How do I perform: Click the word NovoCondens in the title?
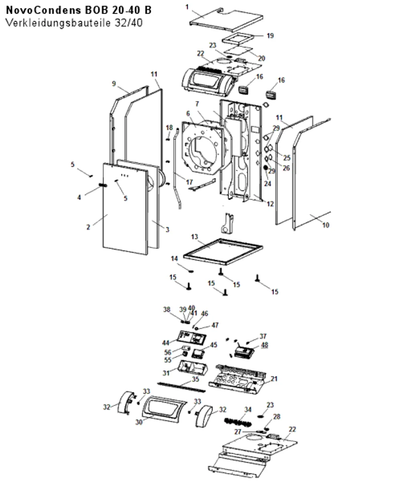click(44, 10)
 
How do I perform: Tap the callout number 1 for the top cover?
click(187, 7)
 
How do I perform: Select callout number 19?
click(270, 36)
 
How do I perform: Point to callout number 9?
click(114, 83)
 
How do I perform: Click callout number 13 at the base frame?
click(194, 236)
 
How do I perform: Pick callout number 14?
click(174, 259)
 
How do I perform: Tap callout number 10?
click(326, 225)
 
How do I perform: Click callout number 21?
click(274, 379)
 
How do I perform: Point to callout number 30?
click(139, 422)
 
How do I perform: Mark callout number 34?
click(248, 409)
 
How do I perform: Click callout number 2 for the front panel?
click(88, 227)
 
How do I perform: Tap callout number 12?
click(270, 204)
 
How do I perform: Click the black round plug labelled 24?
click(265, 168)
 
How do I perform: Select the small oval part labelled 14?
click(191, 271)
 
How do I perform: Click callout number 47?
click(215, 325)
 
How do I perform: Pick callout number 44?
click(166, 343)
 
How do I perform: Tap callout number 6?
click(188, 113)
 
